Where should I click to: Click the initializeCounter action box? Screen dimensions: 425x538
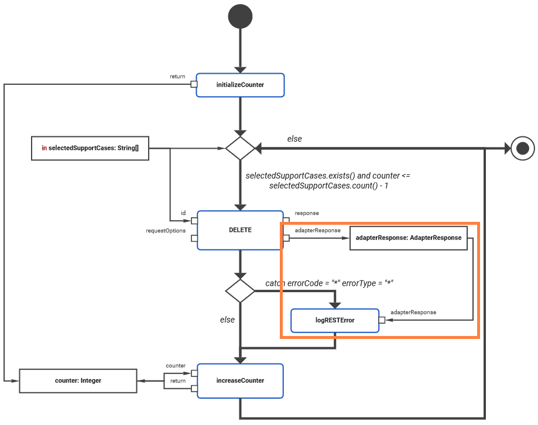point(240,85)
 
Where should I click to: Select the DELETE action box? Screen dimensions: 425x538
point(240,230)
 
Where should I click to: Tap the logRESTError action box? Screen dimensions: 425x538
point(335,320)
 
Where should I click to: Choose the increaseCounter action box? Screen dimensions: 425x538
point(240,381)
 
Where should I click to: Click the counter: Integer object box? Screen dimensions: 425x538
point(78,381)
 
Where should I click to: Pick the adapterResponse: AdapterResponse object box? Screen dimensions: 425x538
point(408,238)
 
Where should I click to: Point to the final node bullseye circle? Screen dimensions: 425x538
point(523,148)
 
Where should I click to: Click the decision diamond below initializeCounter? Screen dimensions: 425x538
point(240,148)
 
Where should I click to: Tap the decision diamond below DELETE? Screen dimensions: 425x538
point(240,290)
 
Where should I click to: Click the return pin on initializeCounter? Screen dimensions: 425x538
point(193,85)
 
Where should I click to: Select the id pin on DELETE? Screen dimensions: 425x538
point(194,221)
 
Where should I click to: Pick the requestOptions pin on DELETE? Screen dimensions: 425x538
point(194,239)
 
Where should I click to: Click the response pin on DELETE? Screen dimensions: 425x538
point(286,221)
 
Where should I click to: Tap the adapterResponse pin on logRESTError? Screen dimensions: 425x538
point(382,320)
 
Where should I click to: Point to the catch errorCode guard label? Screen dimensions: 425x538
point(329,283)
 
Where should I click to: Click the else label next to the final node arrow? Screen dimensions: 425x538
point(294,139)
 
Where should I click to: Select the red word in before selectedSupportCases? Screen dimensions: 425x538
point(44,148)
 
